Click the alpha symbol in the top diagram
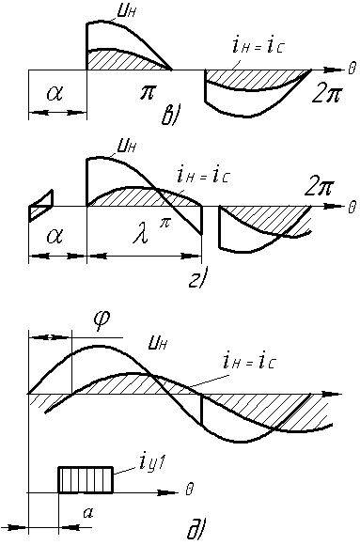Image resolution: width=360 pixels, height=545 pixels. (x=55, y=93)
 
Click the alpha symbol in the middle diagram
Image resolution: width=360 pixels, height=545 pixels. (x=55, y=237)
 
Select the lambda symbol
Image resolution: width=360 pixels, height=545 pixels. (x=142, y=236)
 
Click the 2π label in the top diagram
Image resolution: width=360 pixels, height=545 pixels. (x=327, y=93)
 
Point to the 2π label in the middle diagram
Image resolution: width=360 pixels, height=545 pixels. (x=319, y=188)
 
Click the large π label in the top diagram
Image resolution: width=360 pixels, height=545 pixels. (x=148, y=93)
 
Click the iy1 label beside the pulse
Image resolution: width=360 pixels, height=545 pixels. (x=153, y=463)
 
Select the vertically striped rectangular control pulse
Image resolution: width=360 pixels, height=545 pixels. (x=86, y=479)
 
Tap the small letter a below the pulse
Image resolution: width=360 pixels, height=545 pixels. (x=87, y=512)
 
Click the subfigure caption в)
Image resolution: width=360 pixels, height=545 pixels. (x=170, y=117)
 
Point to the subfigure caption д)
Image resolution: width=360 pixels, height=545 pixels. (x=196, y=531)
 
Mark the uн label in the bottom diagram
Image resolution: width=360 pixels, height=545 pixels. (x=159, y=344)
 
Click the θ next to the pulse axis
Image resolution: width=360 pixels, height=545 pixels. (x=189, y=489)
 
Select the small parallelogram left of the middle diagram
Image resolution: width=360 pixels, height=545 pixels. (x=41, y=206)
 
